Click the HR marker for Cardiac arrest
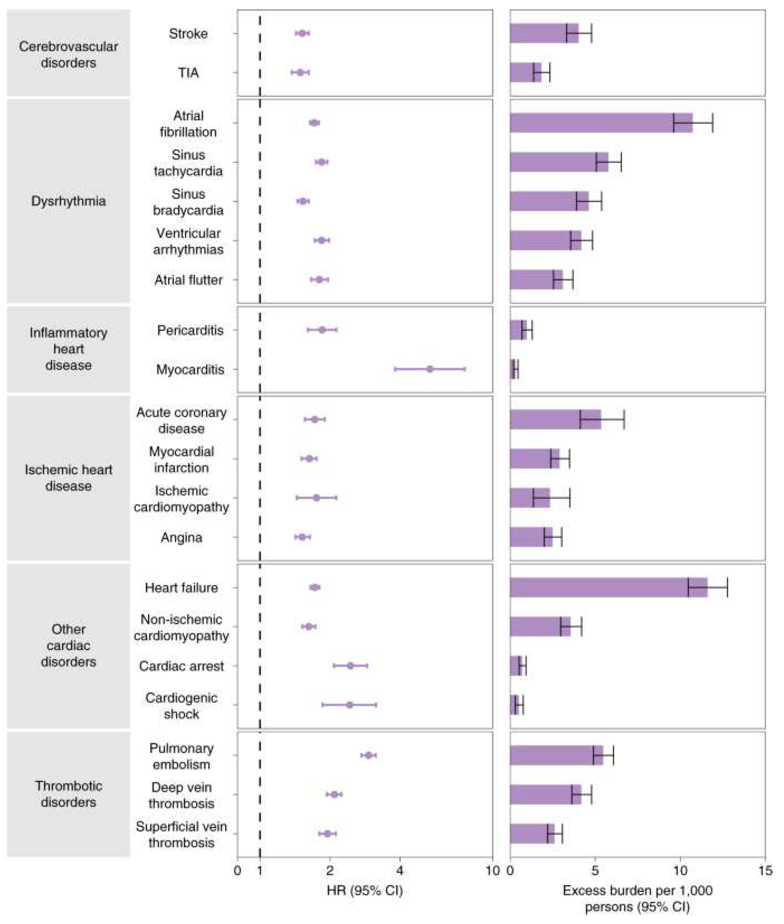[350, 666]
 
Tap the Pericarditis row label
[190, 330]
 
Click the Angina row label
[181, 538]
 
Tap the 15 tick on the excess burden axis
[765, 870]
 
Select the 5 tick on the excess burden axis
[595, 870]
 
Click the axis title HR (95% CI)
[364, 891]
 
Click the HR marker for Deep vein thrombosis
[334, 794]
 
